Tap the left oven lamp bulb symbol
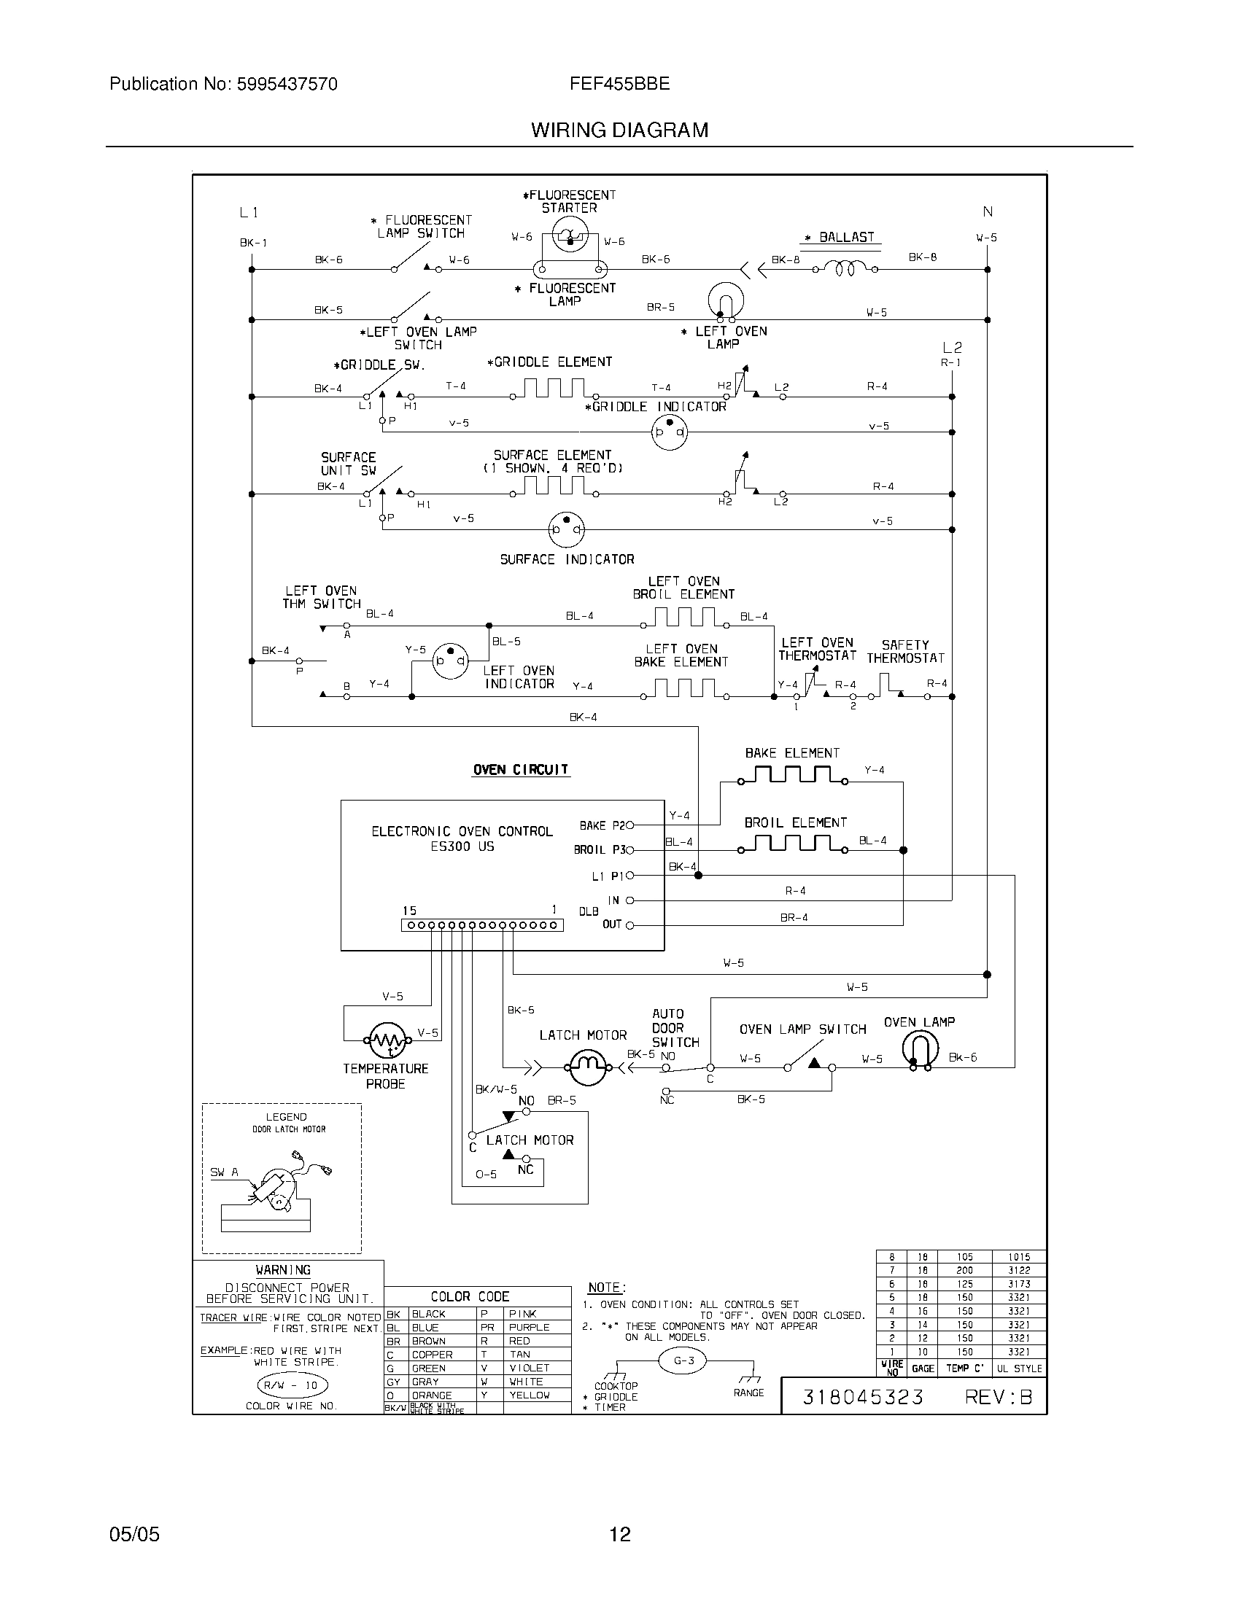[x=725, y=301]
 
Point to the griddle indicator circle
[x=669, y=432]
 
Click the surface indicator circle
[x=566, y=529]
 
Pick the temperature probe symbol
[x=385, y=1040]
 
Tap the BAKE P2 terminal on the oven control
[x=629, y=825]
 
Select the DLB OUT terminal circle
[x=629, y=925]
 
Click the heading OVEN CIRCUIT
[x=520, y=770]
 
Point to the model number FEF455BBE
[x=619, y=85]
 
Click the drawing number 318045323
[x=862, y=1396]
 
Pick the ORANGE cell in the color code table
[x=432, y=1395]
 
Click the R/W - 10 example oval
[x=292, y=1385]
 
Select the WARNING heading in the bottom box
[x=283, y=1270]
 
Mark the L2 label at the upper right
[x=952, y=347]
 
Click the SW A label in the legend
[x=224, y=1173]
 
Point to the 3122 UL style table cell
[x=1019, y=1270]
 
